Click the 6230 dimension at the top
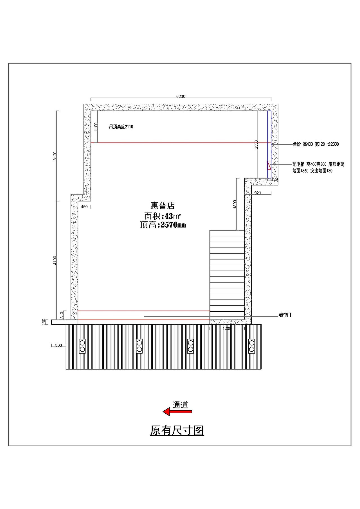click(x=181, y=96)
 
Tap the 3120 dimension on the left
click(x=55, y=156)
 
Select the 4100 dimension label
click(x=55, y=260)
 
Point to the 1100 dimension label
click(x=96, y=127)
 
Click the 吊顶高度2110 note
click(x=121, y=127)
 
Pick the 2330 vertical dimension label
click(x=256, y=144)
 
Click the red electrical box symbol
click(x=269, y=165)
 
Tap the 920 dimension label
click(x=258, y=193)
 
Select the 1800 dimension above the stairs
click(x=235, y=204)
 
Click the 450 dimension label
click(x=84, y=207)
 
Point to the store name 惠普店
click(x=163, y=206)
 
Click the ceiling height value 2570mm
click(x=173, y=225)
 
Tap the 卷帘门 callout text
click(x=285, y=315)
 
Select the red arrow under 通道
click(x=177, y=412)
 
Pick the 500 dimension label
click(x=58, y=345)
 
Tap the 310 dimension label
click(x=62, y=315)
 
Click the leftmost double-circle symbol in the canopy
click(x=82, y=346)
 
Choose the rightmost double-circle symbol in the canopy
click(x=252, y=346)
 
